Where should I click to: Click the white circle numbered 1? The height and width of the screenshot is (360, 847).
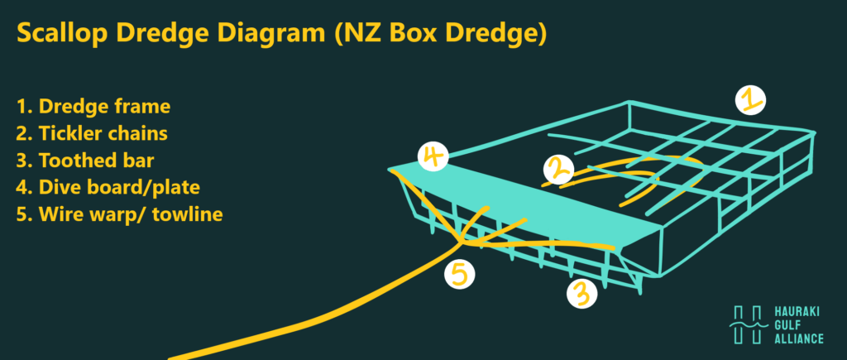[x=750, y=100]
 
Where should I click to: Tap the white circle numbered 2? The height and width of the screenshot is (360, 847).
[x=559, y=170]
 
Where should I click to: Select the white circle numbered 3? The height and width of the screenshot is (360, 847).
[x=581, y=294]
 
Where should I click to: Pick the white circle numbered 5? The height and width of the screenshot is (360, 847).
[x=460, y=274]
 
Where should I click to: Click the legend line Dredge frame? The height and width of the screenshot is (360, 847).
[x=93, y=107]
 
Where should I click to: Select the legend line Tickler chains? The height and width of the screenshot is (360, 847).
[x=92, y=133]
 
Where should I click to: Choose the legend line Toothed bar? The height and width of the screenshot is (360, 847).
[x=83, y=161]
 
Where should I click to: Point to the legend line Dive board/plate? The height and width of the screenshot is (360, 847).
[x=108, y=188]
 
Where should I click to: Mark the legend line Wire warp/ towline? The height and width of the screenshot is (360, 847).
[x=120, y=214]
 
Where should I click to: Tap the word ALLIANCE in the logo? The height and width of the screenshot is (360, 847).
[x=799, y=339]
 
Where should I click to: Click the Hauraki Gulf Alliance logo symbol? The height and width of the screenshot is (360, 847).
[x=748, y=324]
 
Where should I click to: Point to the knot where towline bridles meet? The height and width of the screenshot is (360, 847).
[x=462, y=241]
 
